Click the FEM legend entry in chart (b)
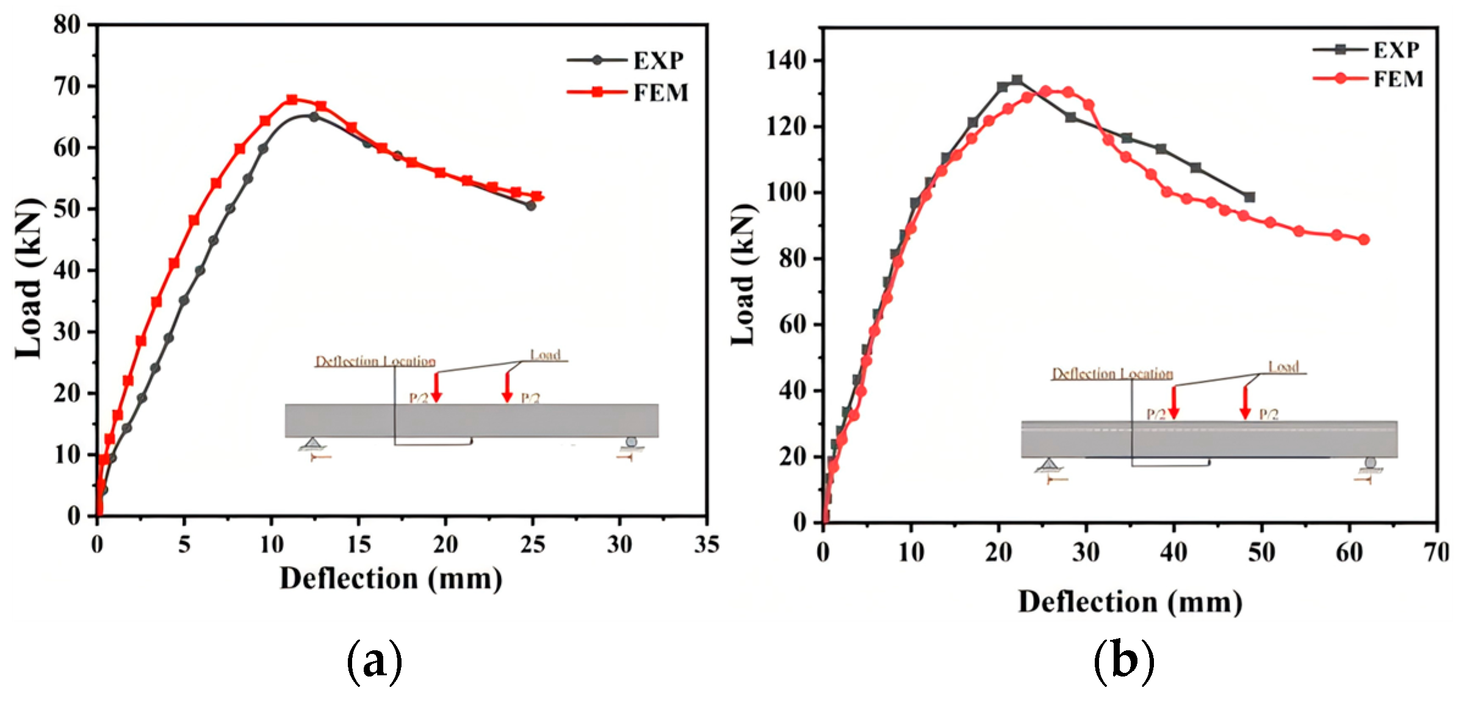click(1371, 79)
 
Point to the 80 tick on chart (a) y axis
click(67, 24)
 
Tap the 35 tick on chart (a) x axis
click(707, 544)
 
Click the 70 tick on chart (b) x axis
click(1436, 553)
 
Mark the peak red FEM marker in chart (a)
click(292, 100)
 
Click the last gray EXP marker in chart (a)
click(531, 206)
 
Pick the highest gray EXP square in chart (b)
click(1017, 80)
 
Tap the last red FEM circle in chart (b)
click(1364, 239)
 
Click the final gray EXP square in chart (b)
click(1249, 197)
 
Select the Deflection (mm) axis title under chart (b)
click(1130, 602)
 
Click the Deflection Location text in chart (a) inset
click(375, 361)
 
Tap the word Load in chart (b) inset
click(1283, 367)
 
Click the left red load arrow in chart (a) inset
click(436, 387)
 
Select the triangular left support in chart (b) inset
click(1048, 465)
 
